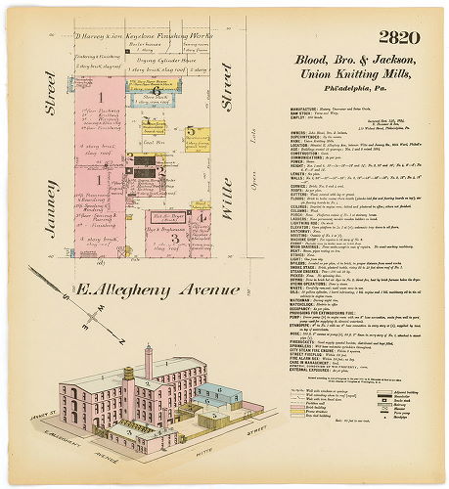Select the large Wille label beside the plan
(x=225, y=181)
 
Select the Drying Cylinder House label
(x=161, y=61)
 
